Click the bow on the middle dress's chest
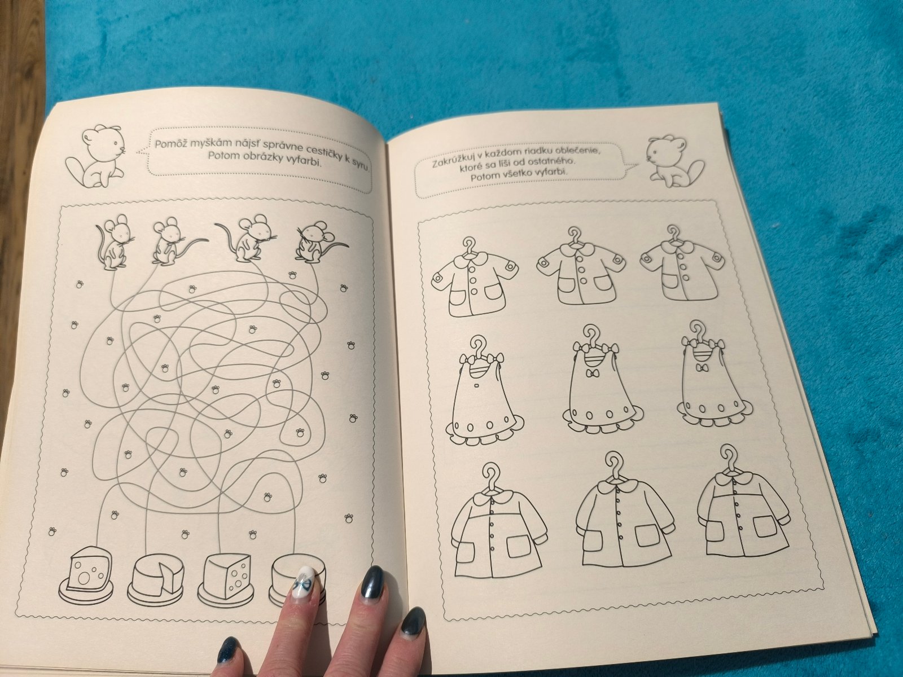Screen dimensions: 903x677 point(592,373)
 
